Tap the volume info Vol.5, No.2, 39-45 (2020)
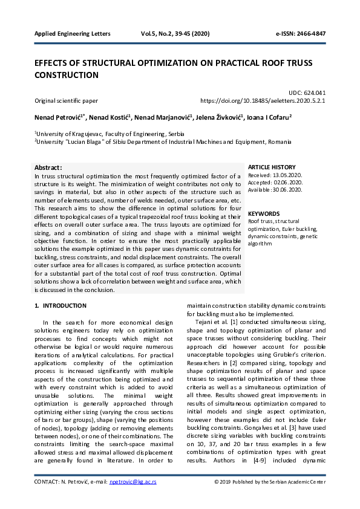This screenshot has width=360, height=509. (x=175, y=33)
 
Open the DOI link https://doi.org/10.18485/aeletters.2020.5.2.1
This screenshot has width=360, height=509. (x=263, y=101)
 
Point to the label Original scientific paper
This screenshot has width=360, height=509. (x=66, y=101)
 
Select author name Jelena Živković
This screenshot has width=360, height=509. (x=220, y=116)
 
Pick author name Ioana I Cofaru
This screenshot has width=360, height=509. (x=269, y=116)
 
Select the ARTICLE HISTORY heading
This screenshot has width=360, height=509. (x=272, y=167)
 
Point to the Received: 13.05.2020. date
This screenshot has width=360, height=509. (x=275, y=175)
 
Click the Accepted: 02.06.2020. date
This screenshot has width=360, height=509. (x=275, y=182)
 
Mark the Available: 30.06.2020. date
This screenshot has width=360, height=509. (x=275, y=189)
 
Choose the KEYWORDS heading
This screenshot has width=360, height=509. (x=264, y=213)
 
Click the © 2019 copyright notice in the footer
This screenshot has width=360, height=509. (x=270, y=482)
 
